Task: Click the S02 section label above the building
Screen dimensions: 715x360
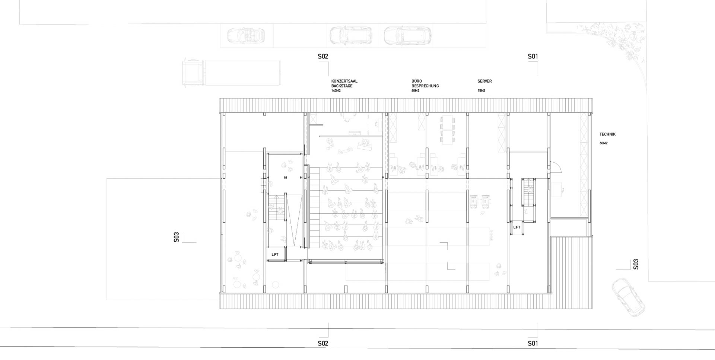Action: click(x=323, y=57)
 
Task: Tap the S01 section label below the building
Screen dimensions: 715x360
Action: click(x=533, y=343)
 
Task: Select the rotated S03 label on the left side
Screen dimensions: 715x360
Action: click(x=177, y=238)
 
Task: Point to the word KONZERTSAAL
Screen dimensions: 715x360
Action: click(x=344, y=81)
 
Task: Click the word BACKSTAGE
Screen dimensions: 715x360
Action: click(x=342, y=86)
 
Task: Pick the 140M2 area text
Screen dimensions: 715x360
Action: click(x=336, y=91)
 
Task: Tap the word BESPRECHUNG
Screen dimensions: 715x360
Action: click(x=425, y=86)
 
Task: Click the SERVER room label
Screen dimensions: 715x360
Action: click(x=485, y=81)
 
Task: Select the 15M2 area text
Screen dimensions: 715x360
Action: click(x=482, y=91)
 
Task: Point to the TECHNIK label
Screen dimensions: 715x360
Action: click(x=608, y=134)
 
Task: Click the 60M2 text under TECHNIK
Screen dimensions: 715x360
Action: click(x=604, y=143)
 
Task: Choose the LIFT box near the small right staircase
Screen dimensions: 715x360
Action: click(x=517, y=227)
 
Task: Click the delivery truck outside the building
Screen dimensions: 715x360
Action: click(x=231, y=73)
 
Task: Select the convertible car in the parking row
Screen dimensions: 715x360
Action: click(x=246, y=35)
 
